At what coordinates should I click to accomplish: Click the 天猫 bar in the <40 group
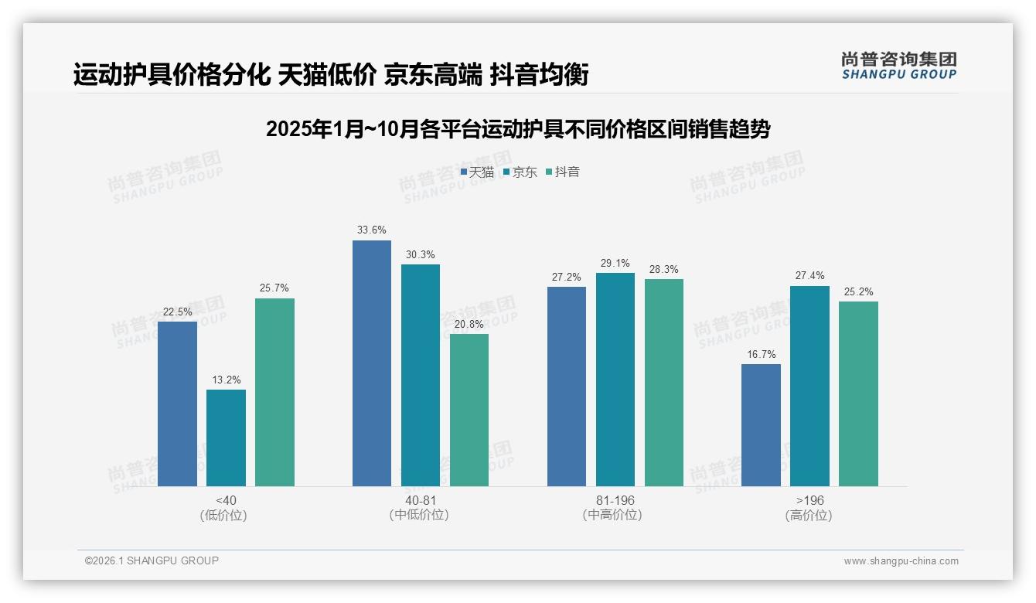[x=177, y=404]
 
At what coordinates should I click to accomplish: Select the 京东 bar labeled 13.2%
[x=226, y=438]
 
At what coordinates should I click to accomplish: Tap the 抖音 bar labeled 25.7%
[x=274, y=392]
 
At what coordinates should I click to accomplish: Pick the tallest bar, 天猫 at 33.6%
[x=372, y=363]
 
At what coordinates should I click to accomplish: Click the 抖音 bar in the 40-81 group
[x=469, y=410]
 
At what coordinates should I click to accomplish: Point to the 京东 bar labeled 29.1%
[x=615, y=380]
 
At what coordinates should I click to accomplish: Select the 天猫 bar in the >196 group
[x=761, y=425]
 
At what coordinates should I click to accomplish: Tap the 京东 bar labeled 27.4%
[x=809, y=386]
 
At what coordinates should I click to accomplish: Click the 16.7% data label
[x=761, y=354]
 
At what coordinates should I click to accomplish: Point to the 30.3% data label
[x=421, y=254]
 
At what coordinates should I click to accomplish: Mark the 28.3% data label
[x=664, y=269]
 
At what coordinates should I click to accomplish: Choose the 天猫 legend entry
[x=477, y=172]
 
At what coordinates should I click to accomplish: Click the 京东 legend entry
[x=520, y=172]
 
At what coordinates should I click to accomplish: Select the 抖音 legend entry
[x=563, y=172]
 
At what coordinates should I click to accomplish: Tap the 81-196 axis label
[x=615, y=500]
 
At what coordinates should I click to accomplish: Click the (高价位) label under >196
[x=809, y=516]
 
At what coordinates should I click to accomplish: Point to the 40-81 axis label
[x=421, y=500]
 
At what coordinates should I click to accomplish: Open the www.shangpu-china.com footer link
[x=901, y=561]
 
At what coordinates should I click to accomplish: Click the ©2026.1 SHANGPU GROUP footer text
[x=152, y=560]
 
